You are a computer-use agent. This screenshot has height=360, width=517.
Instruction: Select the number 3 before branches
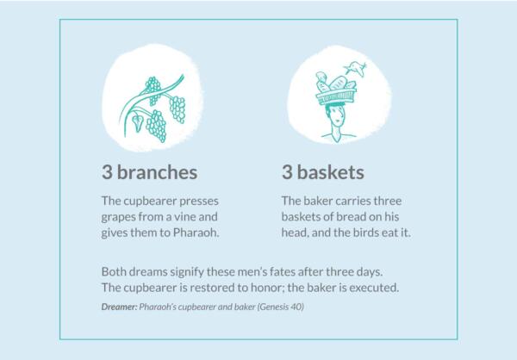pos(106,171)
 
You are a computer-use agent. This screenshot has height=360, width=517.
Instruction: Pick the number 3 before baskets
pos(288,171)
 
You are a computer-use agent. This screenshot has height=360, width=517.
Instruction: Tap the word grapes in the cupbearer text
pos(119,217)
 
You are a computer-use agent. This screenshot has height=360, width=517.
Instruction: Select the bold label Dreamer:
pos(121,307)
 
